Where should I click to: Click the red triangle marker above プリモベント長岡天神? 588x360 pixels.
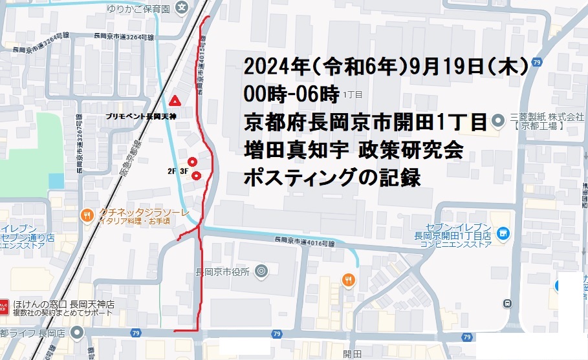click(174, 101)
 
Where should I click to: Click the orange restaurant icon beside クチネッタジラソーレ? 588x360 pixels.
click(86, 215)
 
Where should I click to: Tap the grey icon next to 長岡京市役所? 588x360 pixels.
click(261, 271)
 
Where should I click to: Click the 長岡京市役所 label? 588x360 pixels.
click(223, 271)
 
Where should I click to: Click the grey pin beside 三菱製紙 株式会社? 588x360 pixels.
click(497, 120)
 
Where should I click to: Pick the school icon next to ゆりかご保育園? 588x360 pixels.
click(183, 7)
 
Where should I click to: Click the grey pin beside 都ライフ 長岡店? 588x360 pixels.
click(78, 332)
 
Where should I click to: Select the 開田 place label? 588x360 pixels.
click(352, 353)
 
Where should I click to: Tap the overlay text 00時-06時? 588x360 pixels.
click(291, 94)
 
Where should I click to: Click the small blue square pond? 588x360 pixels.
click(56, 181)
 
